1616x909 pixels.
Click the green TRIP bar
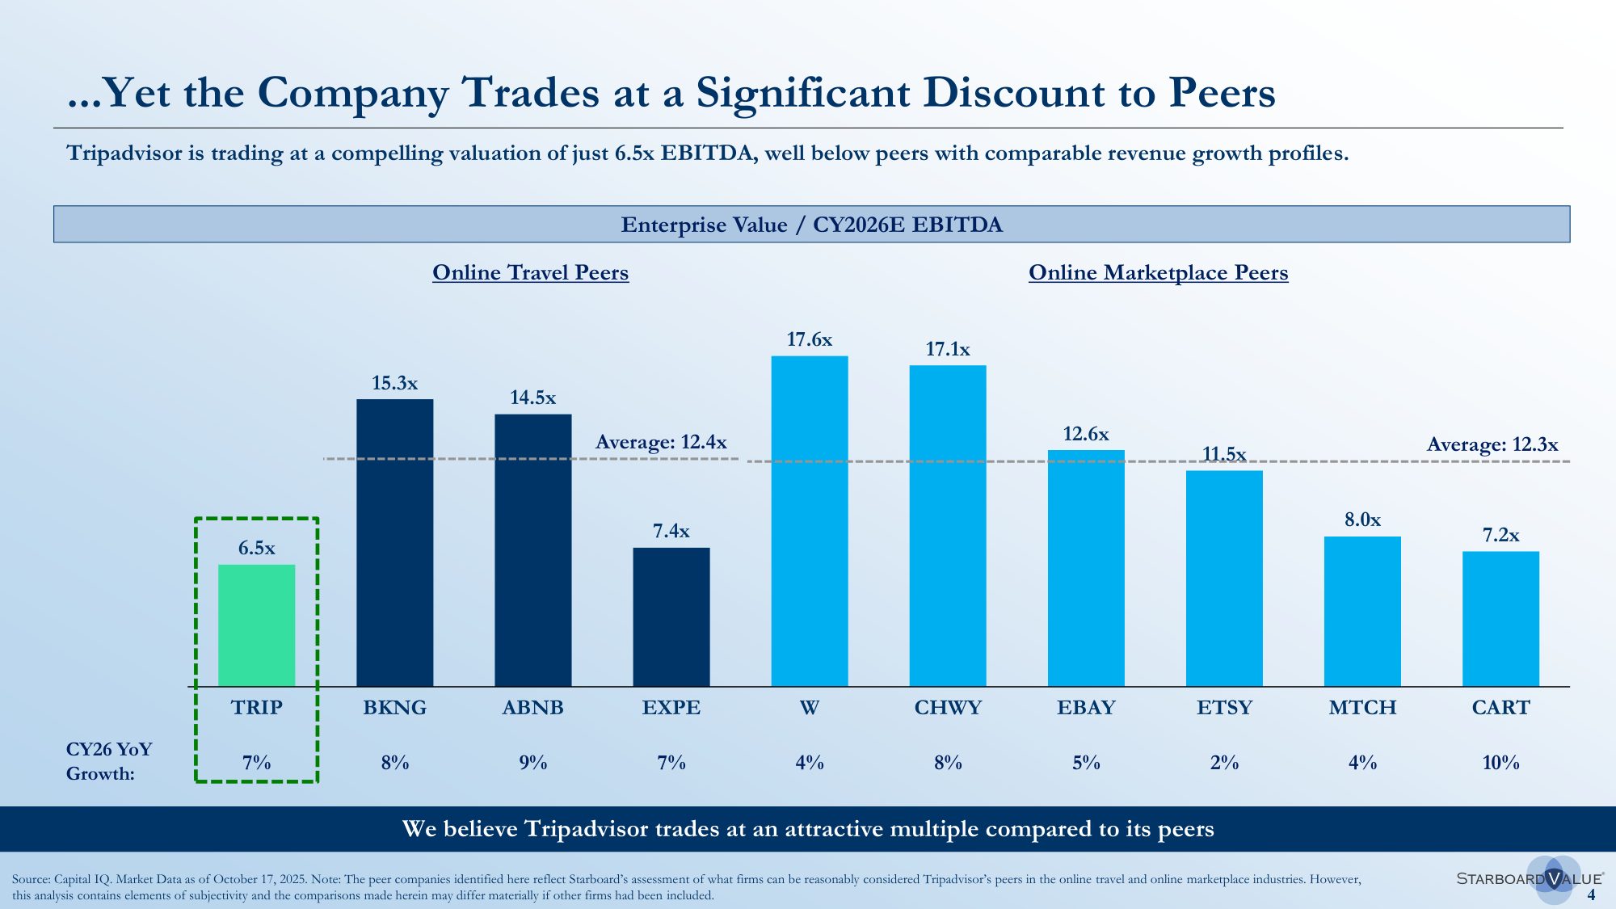pos(256,625)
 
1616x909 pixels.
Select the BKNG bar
pos(394,542)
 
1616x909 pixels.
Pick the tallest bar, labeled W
pos(809,521)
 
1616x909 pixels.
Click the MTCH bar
pos(1362,611)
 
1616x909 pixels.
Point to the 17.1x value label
pos(947,349)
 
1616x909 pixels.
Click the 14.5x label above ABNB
pos(532,398)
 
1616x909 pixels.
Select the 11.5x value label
pos(1223,454)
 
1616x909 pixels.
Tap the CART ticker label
pos(1500,708)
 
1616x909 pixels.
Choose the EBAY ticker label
pos(1085,708)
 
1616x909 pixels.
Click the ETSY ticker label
pos(1223,708)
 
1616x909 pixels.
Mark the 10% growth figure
pos(1500,763)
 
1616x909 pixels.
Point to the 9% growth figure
pos(532,763)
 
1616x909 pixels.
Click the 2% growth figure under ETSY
pos(1223,763)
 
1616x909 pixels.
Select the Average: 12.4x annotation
pos(661,442)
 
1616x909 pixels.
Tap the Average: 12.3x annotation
pos(1492,444)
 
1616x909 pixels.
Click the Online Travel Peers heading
pos(530,272)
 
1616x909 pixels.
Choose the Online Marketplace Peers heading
pos(1158,272)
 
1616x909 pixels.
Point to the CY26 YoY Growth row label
pos(108,761)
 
